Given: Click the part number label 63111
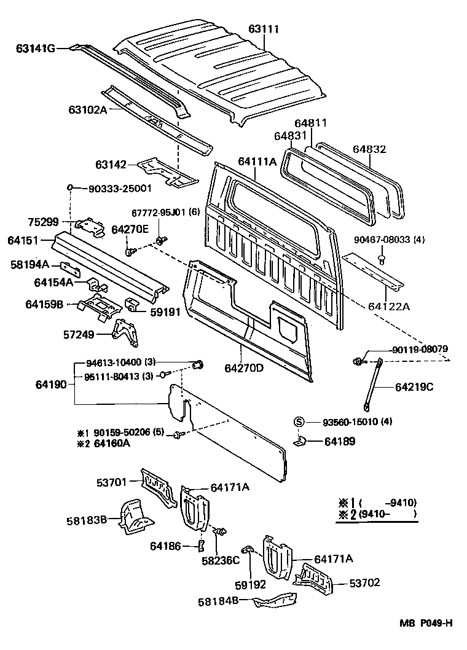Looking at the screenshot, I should pyautogui.click(x=264, y=29).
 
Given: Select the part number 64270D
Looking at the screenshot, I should pyautogui.click(x=244, y=369).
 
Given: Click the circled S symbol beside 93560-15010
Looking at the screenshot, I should pyautogui.click(x=299, y=421).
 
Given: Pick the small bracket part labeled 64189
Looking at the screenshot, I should pyautogui.click(x=300, y=441).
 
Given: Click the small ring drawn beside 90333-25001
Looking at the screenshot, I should pyautogui.click(x=71, y=187).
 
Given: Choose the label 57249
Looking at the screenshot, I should pyautogui.click(x=90, y=334).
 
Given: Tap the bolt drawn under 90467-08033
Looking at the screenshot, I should pyautogui.click(x=381, y=259).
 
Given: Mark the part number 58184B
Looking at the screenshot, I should pyautogui.click(x=219, y=601).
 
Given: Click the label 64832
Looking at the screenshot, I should pyautogui.click(x=369, y=149).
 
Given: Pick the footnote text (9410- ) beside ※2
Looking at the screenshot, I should pyautogui.click(x=388, y=514).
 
